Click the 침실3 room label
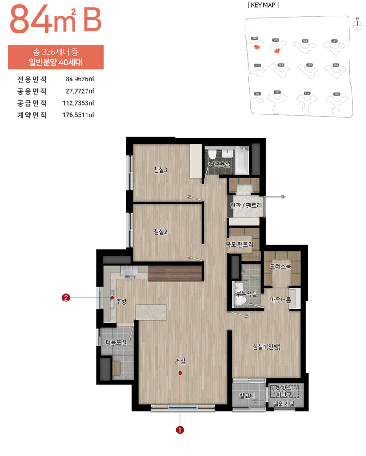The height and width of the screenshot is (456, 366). pos(160,170)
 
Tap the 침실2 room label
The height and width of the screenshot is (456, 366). pos(160,232)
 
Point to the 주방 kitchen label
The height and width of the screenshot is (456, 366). pos(121,301)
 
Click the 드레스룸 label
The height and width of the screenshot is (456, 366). pos(280,266)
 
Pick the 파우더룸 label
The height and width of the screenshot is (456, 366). pos(280,300)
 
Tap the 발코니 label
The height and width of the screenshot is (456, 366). pos(246,395)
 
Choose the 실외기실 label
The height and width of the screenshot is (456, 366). pos(284,405)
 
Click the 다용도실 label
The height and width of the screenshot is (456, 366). pos(116,342)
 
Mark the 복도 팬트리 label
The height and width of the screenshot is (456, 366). pos(239,244)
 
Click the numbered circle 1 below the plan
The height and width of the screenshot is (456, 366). pos(180,430)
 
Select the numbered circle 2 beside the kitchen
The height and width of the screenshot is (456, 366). pos(66,298)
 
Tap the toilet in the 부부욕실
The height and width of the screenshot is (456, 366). pos(240,301)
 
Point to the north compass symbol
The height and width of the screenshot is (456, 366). pos(357,24)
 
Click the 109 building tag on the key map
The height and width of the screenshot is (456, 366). pos(336,94)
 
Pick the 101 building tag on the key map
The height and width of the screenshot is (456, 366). pos(334,41)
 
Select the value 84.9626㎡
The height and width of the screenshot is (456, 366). pos(79,80)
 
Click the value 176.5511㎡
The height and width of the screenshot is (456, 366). pos(78,114)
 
